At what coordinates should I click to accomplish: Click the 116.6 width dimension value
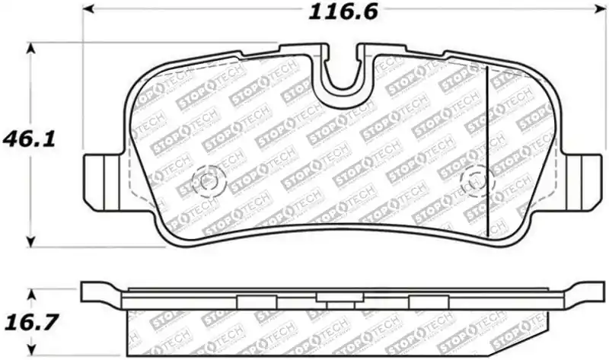coord(343,13)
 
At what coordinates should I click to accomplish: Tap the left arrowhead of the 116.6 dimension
coord(88,8)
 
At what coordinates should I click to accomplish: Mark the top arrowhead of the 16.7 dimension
coord(31,293)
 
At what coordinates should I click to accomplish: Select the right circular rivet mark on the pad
coord(476,181)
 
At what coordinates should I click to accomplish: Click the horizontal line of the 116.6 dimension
coord(228,8)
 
